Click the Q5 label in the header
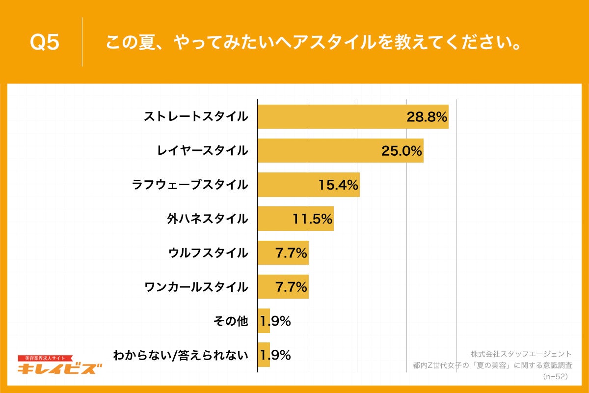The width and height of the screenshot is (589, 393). click(x=45, y=43)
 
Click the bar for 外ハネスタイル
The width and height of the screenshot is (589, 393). click(x=275, y=219)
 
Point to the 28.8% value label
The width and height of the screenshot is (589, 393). click(x=427, y=117)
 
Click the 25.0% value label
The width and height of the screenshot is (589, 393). click(x=402, y=151)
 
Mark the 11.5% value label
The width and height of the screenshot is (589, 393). click(x=312, y=219)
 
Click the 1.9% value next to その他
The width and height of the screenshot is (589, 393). click(x=275, y=321)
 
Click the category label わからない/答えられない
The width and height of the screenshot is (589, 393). click(x=180, y=355)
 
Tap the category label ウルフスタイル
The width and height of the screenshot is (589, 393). click(x=208, y=253)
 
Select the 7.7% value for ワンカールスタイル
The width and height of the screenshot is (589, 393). click(x=291, y=287)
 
